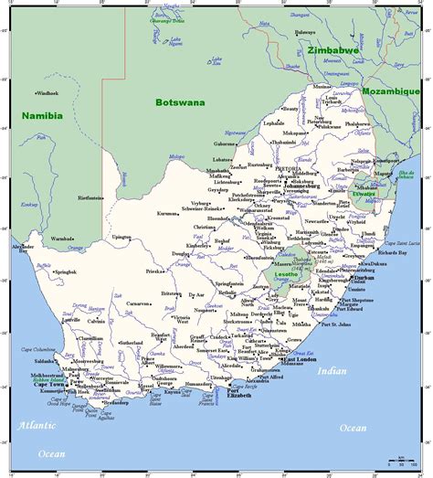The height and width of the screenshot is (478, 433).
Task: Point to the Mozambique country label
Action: pyautogui.click(x=388, y=92)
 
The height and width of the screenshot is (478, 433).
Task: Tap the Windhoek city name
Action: pyautogui.click(x=48, y=93)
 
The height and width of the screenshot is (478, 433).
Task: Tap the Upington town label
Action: pyautogui.click(x=121, y=237)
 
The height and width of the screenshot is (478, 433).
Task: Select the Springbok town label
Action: pyautogui.click(x=65, y=272)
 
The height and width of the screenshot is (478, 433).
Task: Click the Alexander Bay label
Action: pyautogui.click(x=23, y=248)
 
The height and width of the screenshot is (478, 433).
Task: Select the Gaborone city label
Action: pyautogui.click(x=226, y=143)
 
